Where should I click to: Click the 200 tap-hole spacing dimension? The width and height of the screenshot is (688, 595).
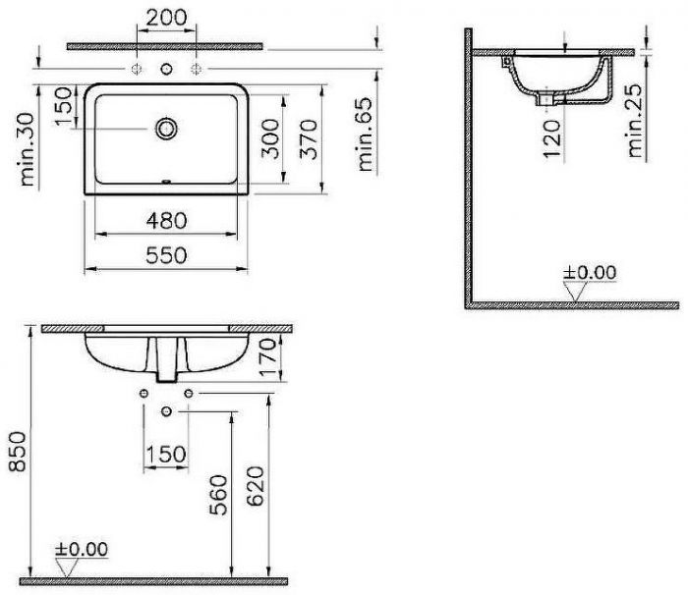[x=166, y=17]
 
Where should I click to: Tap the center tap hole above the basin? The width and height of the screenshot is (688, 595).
[x=167, y=68]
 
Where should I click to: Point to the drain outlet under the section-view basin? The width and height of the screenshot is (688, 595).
[x=544, y=98]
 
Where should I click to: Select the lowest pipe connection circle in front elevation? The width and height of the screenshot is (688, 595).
[x=167, y=408]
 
